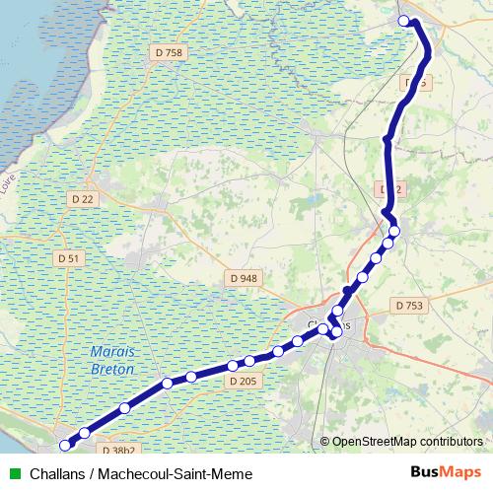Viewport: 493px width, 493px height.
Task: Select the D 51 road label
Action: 68,257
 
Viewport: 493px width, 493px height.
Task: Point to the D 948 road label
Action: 243,279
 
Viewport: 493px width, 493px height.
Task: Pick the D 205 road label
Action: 242,380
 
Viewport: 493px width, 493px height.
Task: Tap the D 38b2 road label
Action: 119,450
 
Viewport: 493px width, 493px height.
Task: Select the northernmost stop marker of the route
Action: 403,21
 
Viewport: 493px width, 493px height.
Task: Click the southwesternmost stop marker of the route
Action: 65,446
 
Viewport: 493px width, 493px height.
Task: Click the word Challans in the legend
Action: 57,474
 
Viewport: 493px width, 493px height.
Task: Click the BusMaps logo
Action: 445,473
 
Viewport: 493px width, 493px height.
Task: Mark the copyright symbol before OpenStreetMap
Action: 324,442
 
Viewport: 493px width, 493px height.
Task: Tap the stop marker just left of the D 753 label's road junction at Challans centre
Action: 336,332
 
